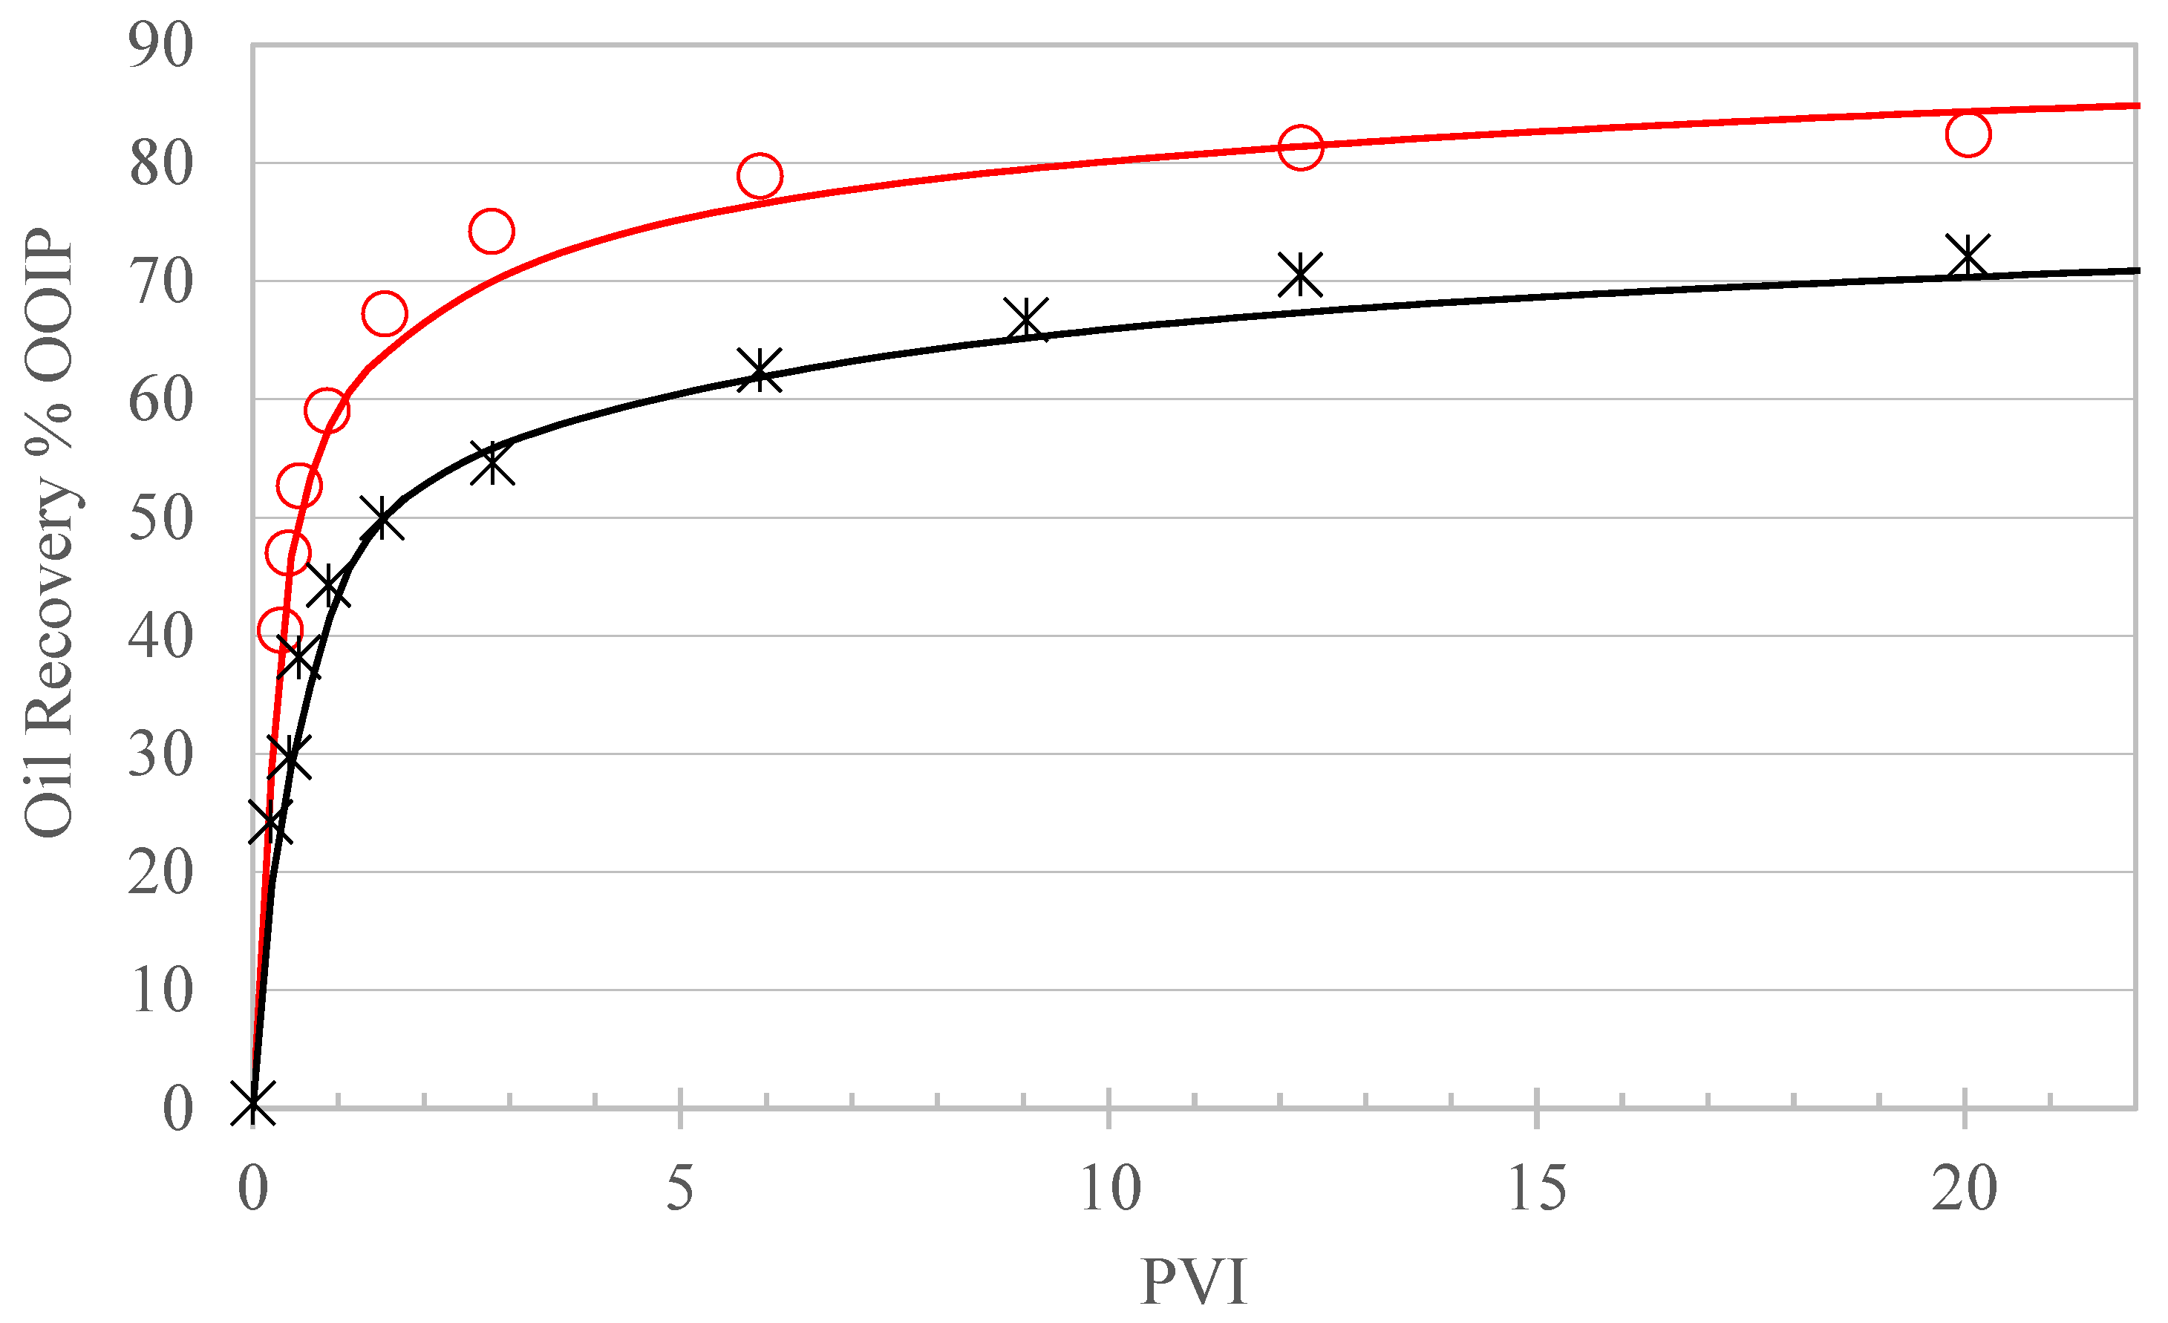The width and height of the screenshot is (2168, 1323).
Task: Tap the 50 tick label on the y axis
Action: [x=160, y=518]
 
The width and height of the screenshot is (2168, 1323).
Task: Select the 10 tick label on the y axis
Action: [x=160, y=990]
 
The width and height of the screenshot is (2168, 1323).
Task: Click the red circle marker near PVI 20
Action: [x=1968, y=134]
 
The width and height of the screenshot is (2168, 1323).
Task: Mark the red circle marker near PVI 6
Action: [x=760, y=176]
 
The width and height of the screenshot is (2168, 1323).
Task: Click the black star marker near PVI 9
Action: [x=1026, y=319]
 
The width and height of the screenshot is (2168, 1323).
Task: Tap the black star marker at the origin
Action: [x=253, y=1103]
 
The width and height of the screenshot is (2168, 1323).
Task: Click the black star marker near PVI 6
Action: [x=760, y=370]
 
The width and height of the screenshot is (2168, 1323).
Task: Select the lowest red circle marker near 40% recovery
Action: [x=281, y=630]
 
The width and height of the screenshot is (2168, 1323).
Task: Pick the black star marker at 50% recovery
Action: [x=382, y=519]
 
